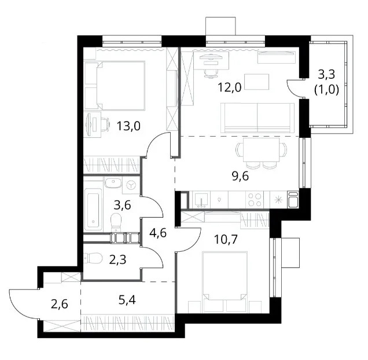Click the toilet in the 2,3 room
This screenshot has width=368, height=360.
(x=93, y=258)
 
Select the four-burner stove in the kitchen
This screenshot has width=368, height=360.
(x=254, y=200)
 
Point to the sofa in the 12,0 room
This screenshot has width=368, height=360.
(x=258, y=117)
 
